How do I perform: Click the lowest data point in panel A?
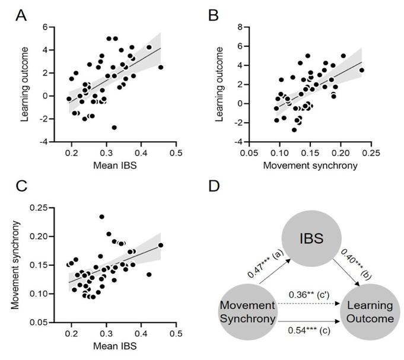point(114,128)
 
